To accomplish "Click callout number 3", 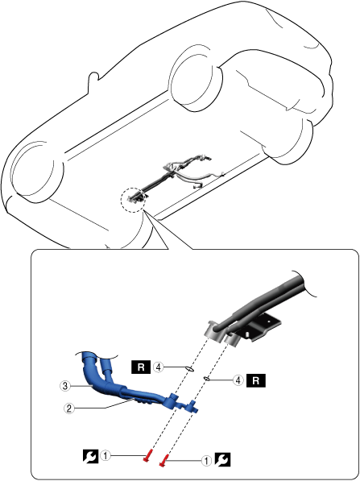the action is (x=64, y=386).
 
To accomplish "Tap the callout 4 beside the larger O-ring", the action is (x=159, y=367).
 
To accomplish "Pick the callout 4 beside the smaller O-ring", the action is (x=238, y=380).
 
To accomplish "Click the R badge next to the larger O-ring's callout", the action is (x=141, y=367).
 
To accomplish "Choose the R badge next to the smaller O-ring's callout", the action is (x=256, y=380).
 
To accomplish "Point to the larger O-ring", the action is (x=190, y=369).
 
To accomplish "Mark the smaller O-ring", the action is (x=207, y=379).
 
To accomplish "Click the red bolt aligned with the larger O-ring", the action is (x=148, y=454).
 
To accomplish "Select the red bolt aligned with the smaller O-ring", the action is (x=164, y=460).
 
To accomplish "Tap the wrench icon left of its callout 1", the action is (x=91, y=456).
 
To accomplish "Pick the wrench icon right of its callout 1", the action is (x=222, y=460).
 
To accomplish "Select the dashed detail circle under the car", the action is (x=133, y=199).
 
